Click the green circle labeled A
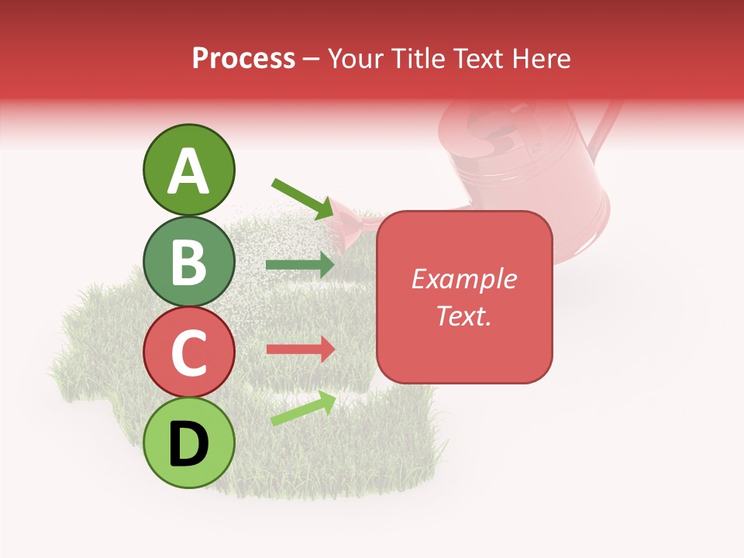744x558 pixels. [x=189, y=170]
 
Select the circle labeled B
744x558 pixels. [x=189, y=262]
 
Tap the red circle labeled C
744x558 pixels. [x=189, y=352]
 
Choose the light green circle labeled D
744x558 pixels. [x=189, y=443]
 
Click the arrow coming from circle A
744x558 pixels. [x=302, y=198]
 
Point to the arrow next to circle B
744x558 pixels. [x=300, y=265]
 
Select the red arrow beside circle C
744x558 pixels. [x=300, y=349]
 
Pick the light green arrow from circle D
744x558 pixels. [x=303, y=408]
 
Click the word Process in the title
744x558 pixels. [x=243, y=58]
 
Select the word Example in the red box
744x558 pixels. [x=463, y=279]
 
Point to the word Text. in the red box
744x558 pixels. [x=463, y=315]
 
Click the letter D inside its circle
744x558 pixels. [x=189, y=444]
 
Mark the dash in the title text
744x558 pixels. [x=312, y=59]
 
